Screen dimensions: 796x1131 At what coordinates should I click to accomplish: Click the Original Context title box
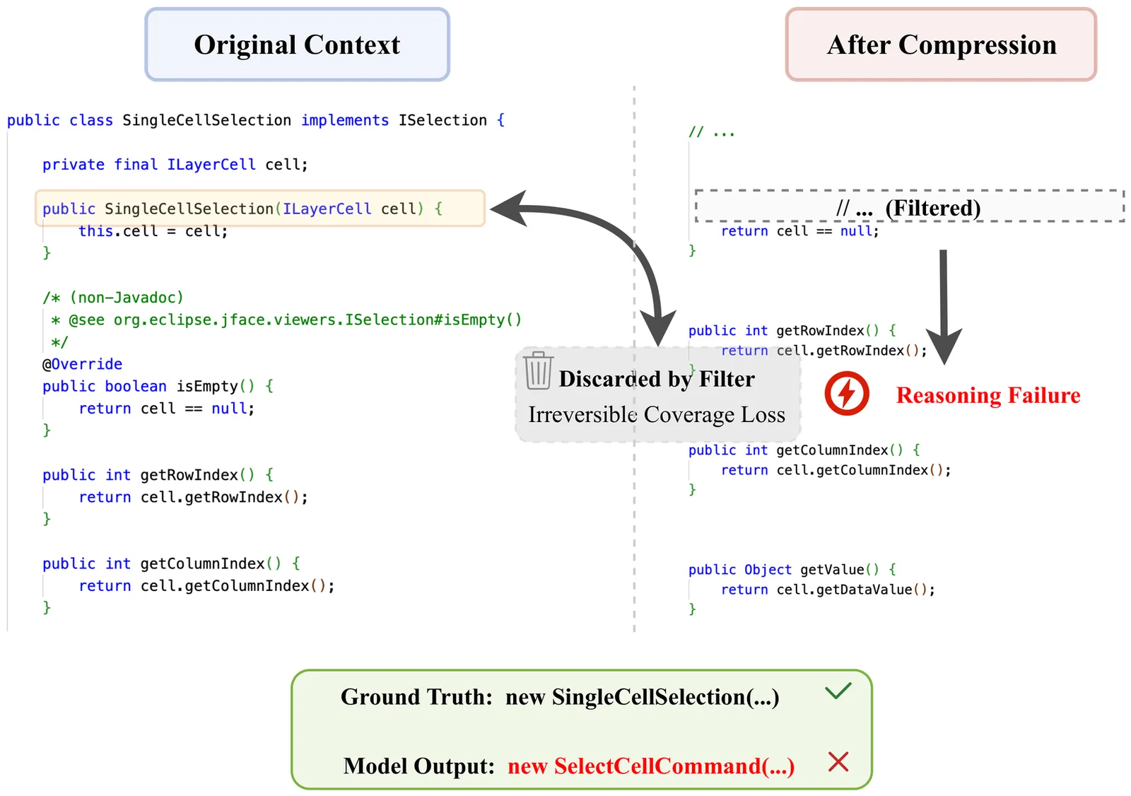click(x=297, y=45)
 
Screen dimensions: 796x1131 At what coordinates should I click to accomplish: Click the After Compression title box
click(x=941, y=45)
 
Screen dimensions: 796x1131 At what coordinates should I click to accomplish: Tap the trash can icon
click(x=538, y=370)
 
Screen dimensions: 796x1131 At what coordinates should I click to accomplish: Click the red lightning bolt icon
click(x=846, y=394)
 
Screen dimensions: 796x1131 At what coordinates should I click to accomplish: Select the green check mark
click(x=838, y=691)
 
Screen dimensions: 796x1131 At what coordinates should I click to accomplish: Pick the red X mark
click(x=838, y=762)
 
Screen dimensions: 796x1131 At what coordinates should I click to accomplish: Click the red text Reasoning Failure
click(x=988, y=395)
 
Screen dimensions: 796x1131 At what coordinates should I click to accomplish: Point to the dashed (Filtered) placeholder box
click(x=909, y=207)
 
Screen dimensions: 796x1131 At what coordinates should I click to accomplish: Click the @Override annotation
click(x=82, y=364)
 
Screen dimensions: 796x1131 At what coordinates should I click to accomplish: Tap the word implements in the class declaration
click(x=345, y=120)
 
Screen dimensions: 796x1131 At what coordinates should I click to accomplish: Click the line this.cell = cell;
click(x=153, y=231)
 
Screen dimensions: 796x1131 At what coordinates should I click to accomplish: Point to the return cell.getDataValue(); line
click(x=828, y=590)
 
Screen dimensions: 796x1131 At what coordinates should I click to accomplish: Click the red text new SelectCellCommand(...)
click(x=651, y=766)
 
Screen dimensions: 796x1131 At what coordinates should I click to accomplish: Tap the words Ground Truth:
click(x=416, y=697)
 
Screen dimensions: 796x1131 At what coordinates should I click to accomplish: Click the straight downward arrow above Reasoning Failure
click(x=944, y=304)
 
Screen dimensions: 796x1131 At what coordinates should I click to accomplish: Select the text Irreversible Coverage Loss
click(x=657, y=414)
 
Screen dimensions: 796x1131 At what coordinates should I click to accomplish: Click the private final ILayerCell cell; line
click(x=175, y=165)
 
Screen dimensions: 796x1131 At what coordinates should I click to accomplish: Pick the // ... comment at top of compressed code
click(x=712, y=132)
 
